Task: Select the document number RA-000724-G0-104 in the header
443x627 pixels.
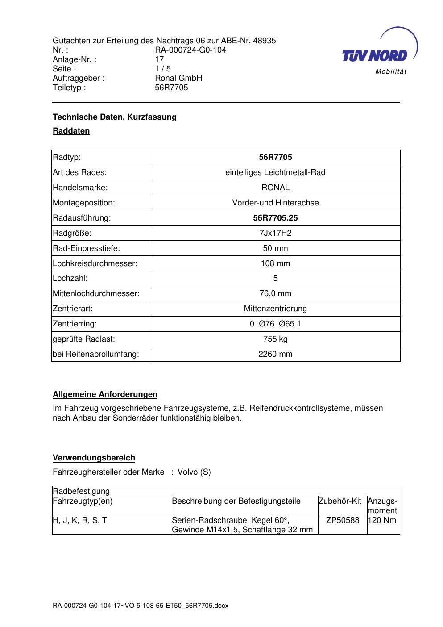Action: click(x=190, y=50)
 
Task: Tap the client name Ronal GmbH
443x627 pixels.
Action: click(x=178, y=78)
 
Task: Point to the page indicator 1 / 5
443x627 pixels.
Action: click(x=163, y=69)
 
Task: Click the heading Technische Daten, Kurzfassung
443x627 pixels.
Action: click(x=115, y=117)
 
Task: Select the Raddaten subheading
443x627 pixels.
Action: click(x=71, y=131)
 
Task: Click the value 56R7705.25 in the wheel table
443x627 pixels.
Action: click(x=275, y=218)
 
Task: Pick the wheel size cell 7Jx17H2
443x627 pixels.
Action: click(x=275, y=233)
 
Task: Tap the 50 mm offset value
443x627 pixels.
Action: click(x=275, y=248)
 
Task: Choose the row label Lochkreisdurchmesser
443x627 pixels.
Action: click(x=95, y=263)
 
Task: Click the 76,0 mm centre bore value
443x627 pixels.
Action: click(x=275, y=293)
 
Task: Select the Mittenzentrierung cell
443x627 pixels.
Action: click(x=275, y=309)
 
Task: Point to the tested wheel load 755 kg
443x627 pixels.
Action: click(x=275, y=339)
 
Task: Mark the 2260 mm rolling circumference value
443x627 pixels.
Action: click(x=275, y=354)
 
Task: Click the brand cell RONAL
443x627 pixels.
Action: click(x=275, y=188)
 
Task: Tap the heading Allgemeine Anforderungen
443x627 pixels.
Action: click(x=105, y=394)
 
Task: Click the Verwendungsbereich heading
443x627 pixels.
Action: click(x=94, y=458)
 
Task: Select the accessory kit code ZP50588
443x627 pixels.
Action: click(x=343, y=520)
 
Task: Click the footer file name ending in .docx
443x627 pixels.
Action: click(x=141, y=606)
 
